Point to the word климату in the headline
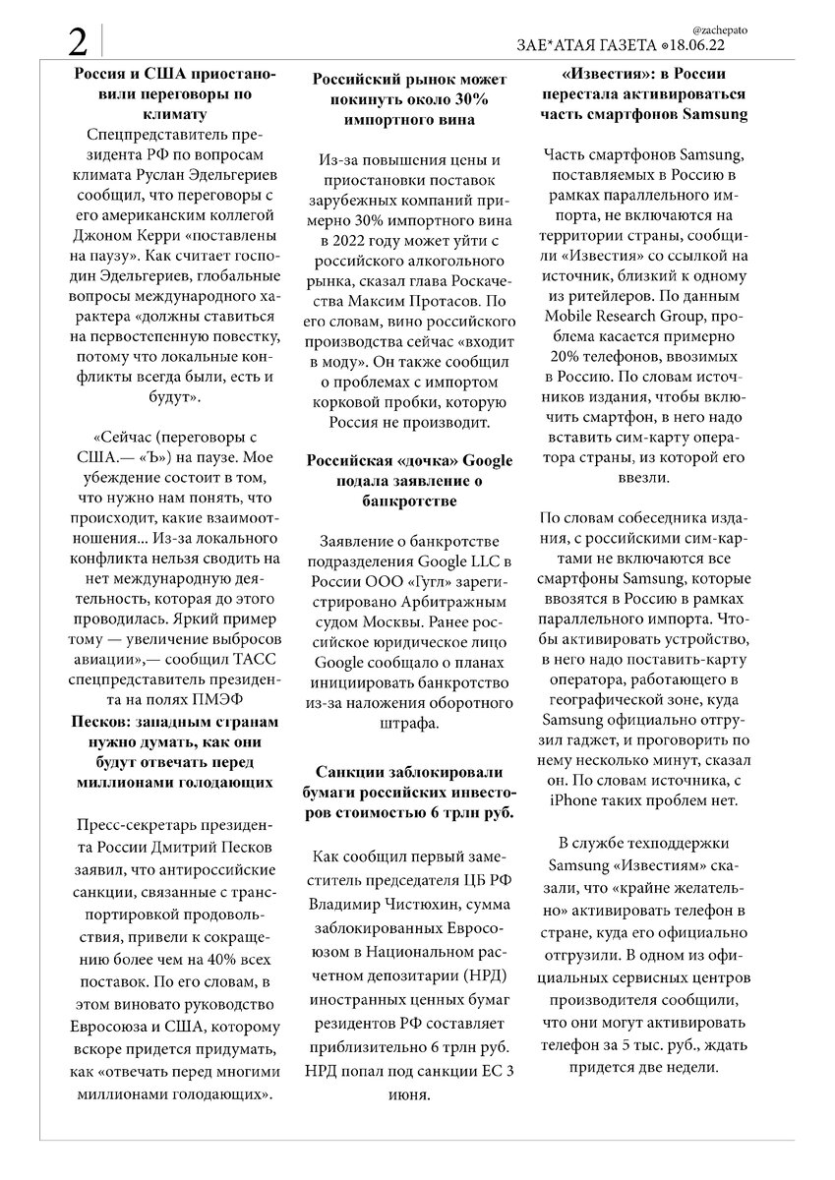click(176, 114)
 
